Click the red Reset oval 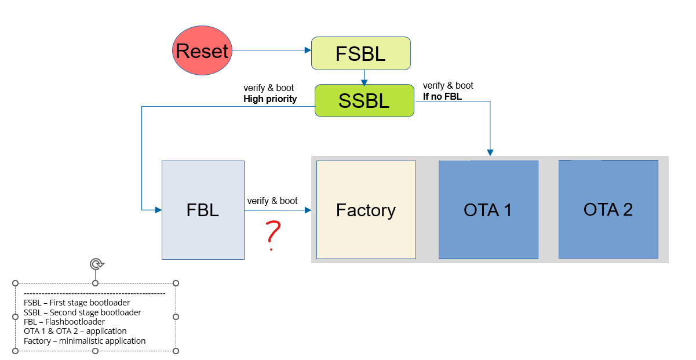click(x=202, y=51)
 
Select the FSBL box click(x=360, y=53)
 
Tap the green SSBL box click(x=364, y=100)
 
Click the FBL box click(x=203, y=210)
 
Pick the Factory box click(x=366, y=209)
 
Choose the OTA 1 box click(x=488, y=209)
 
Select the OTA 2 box click(x=608, y=209)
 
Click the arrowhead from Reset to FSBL click(x=308, y=50)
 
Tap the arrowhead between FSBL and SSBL click(x=363, y=81)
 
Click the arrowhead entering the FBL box click(x=158, y=210)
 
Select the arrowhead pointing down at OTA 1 click(x=490, y=153)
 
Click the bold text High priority click(x=270, y=99)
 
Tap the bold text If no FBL click(x=443, y=96)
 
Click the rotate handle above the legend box click(x=96, y=264)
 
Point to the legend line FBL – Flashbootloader click(x=64, y=322)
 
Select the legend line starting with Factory click(x=85, y=341)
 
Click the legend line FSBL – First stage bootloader click(x=77, y=303)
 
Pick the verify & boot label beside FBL click(x=272, y=201)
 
